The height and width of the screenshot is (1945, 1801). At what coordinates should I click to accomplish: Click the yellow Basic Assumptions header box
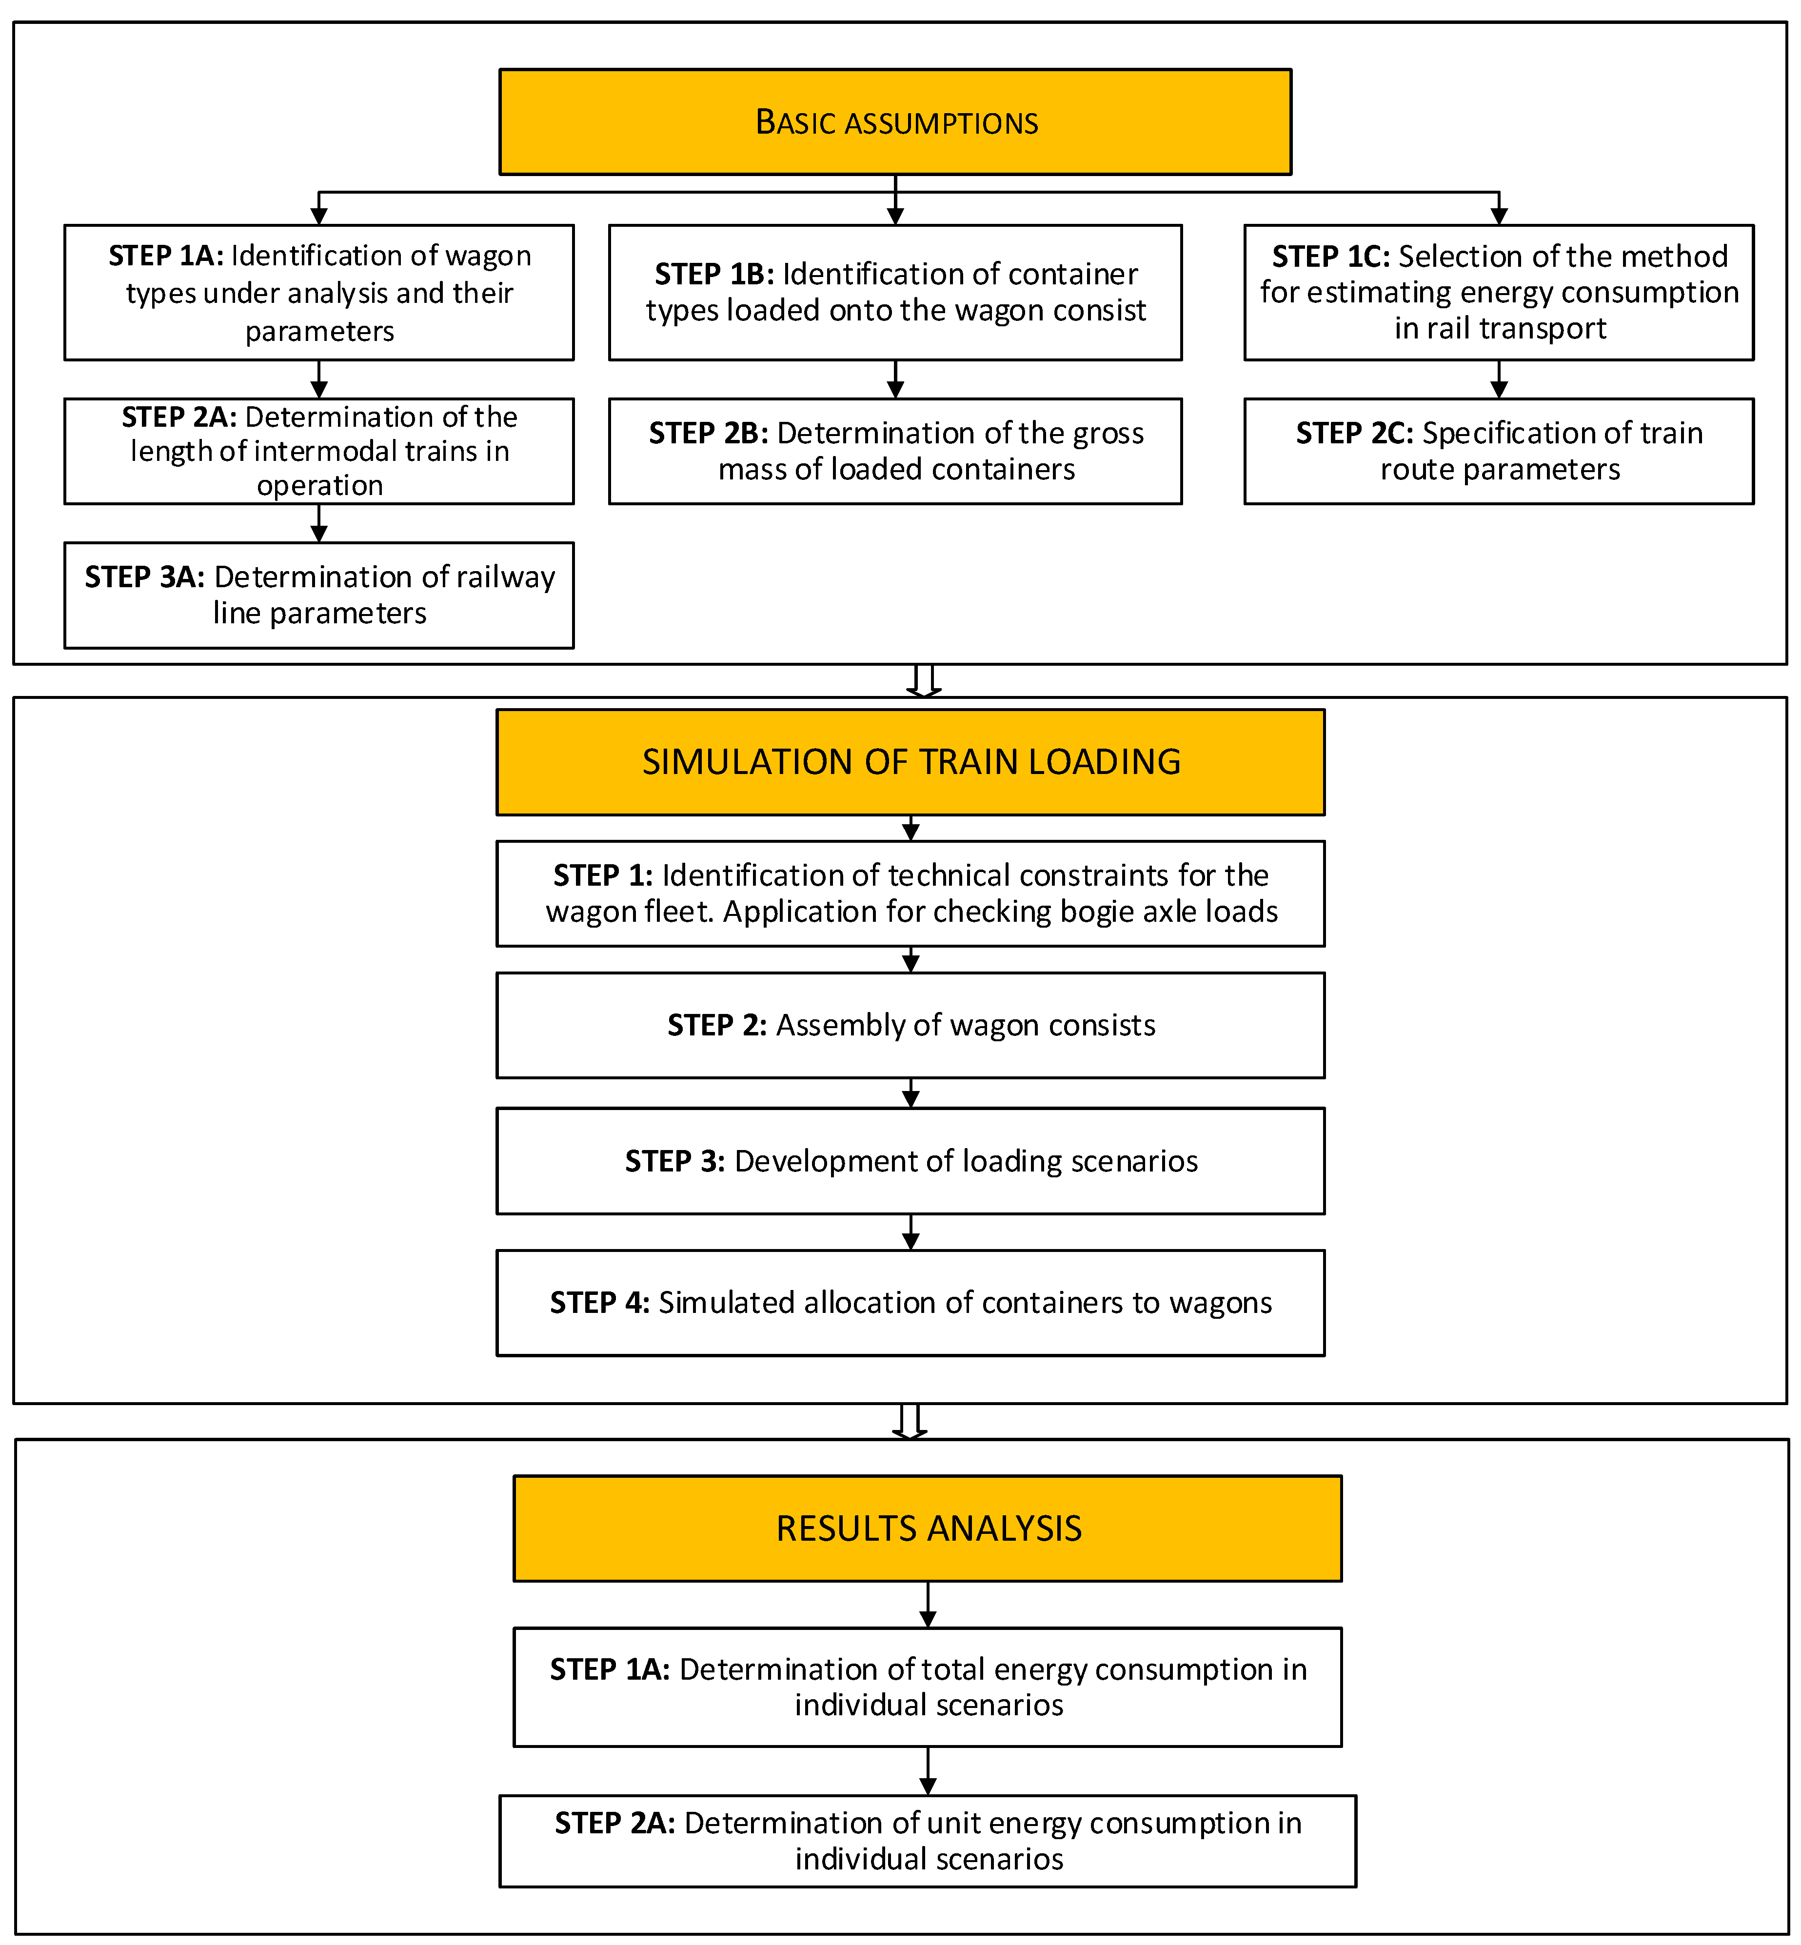(895, 122)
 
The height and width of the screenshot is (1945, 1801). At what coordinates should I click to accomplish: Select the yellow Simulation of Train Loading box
(910, 762)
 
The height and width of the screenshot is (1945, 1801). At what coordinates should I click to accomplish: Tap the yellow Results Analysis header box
(928, 1528)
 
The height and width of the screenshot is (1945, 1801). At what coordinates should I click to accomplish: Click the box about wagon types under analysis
(318, 292)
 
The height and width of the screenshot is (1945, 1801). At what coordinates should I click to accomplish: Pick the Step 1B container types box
(895, 292)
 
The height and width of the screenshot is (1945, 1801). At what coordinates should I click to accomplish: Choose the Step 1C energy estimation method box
(1499, 292)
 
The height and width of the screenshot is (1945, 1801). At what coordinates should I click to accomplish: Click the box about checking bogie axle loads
(910, 893)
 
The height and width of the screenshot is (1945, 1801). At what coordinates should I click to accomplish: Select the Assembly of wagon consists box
(910, 1025)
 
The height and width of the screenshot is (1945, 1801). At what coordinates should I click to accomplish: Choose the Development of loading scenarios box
(910, 1161)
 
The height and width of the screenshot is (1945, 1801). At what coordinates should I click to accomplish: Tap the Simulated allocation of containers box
(910, 1303)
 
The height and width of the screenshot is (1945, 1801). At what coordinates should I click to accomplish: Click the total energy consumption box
(928, 1687)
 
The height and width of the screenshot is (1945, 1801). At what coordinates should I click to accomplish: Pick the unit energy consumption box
(928, 1841)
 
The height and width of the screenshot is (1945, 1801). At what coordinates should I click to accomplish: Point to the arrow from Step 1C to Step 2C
(1499, 379)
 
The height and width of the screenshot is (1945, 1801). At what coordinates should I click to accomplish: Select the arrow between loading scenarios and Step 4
(910, 1231)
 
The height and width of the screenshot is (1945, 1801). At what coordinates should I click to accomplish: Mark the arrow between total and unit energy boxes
(928, 1770)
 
